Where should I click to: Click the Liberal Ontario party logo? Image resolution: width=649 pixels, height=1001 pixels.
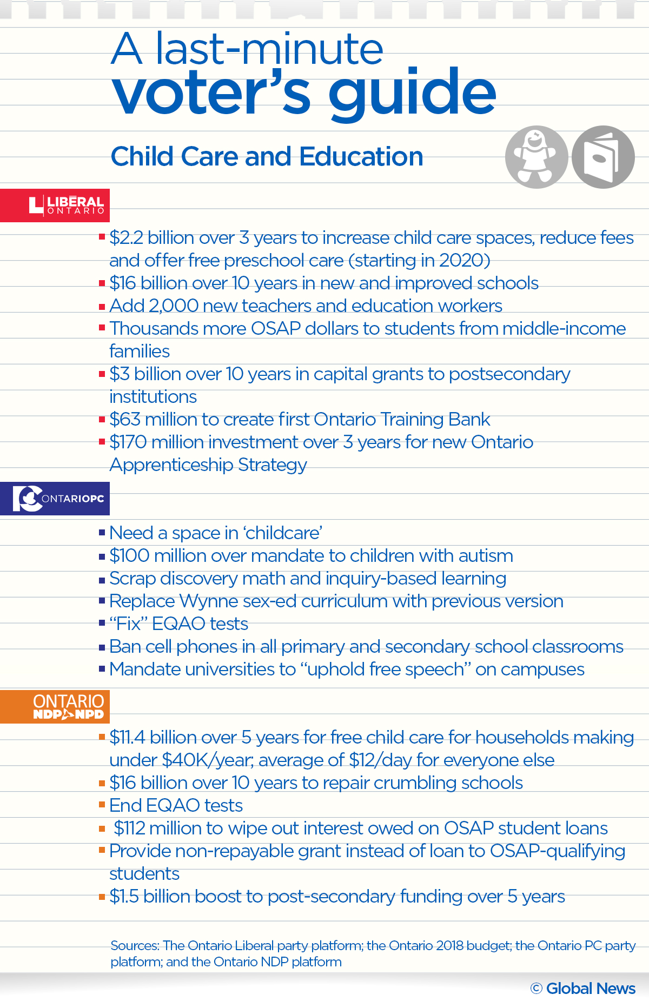(x=66, y=205)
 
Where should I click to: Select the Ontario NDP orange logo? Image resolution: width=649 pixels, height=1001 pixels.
(x=68, y=706)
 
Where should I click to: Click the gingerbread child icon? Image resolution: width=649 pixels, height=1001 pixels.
(x=536, y=157)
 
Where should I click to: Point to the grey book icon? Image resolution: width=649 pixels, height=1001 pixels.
(x=603, y=157)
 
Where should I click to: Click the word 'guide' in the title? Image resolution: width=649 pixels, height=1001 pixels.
(x=412, y=93)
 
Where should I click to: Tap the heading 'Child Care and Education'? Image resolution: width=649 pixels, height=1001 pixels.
(x=267, y=157)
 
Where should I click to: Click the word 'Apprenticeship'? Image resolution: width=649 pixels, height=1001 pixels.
(x=171, y=465)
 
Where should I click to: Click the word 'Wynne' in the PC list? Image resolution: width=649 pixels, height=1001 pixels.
(x=208, y=601)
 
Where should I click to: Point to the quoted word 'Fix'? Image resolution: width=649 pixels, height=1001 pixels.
(x=128, y=624)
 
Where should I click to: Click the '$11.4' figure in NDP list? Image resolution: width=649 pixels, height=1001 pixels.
(x=127, y=738)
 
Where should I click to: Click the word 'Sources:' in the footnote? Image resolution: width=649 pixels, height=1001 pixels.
(x=135, y=946)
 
